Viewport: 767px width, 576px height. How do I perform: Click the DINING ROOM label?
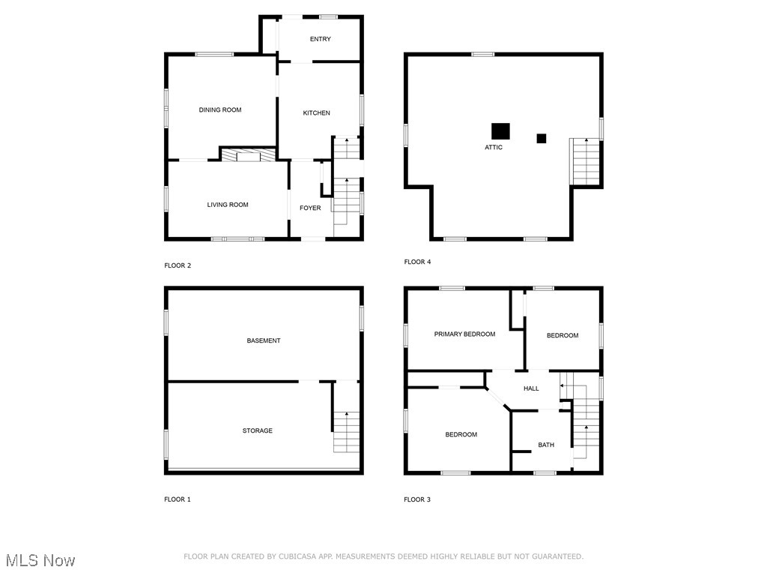click(220, 110)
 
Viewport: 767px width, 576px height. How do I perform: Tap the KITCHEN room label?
click(316, 113)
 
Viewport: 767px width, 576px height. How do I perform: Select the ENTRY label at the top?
click(321, 39)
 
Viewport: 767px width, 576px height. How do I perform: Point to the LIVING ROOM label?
click(228, 205)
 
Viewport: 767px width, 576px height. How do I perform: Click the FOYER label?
click(310, 208)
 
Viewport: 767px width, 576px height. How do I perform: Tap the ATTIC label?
click(494, 148)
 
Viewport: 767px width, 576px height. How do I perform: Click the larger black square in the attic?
click(500, 131)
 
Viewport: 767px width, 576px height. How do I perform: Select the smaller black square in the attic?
click(541, 138)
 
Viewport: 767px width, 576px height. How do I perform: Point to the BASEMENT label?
click(264, 341)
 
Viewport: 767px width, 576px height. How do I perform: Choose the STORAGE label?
click(257, 431)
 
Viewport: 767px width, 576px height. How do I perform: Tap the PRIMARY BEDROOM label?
click(464, 334)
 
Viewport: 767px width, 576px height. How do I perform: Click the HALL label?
click(531, 388)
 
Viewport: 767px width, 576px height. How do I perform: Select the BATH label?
click(546, 445)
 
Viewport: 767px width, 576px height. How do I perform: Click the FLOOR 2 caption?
click(178, 265)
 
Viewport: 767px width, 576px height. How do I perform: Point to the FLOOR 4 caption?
click(417, 262)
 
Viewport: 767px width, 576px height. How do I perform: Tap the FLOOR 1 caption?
click(178, 499)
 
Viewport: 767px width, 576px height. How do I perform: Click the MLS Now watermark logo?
click(40, 560)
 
